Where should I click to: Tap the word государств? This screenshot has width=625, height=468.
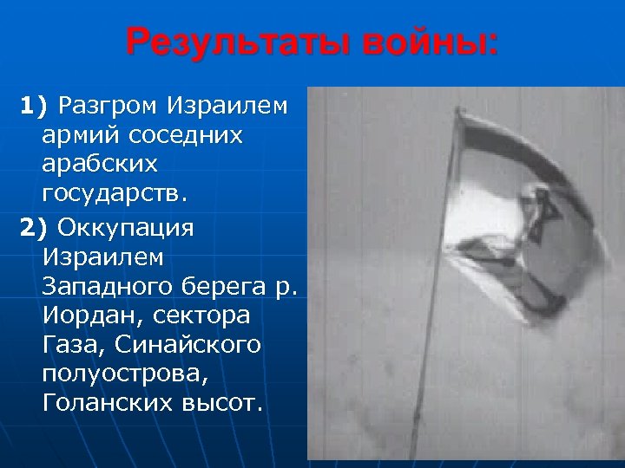click(x=113, y=195)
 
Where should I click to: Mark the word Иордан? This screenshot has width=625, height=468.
click(x=86, y=315)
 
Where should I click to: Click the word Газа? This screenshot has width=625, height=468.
click(x=71, y=345)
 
